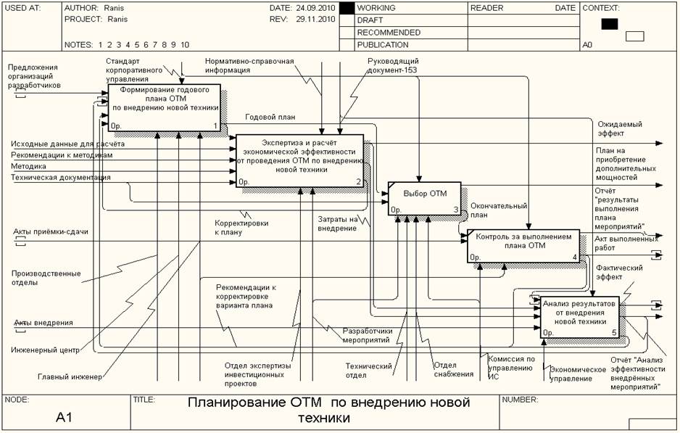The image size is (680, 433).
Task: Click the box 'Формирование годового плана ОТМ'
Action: point(164,108)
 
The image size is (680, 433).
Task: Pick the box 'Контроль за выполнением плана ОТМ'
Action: point(523,246)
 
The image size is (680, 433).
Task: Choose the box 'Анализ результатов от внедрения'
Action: point(580,316)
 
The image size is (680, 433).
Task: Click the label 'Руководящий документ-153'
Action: point(393,65)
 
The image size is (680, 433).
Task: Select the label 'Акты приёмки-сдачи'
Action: point(51,232)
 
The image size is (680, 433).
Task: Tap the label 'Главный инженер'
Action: point(70,376)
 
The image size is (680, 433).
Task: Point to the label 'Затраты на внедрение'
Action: point(337,223)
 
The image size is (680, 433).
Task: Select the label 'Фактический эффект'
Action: point(620,272)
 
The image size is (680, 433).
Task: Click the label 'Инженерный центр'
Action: point(46,351)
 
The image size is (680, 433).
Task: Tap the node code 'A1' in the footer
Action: point(66,417)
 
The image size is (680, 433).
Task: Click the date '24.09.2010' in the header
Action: point(315,7)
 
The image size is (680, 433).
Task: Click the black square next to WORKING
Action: point(347,8)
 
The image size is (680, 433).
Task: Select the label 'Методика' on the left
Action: point(28,166)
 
